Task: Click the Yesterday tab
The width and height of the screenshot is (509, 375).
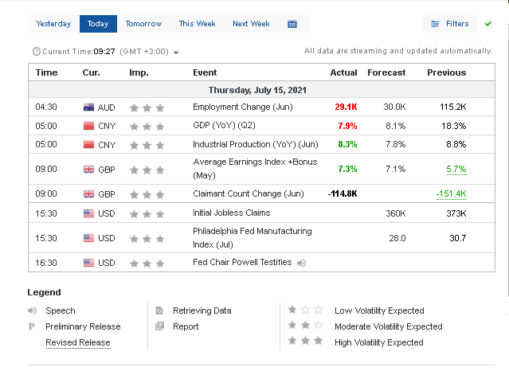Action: [53, 24]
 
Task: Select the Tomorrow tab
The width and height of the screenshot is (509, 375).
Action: [143, 24]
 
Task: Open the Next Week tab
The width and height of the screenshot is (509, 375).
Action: [251, 24]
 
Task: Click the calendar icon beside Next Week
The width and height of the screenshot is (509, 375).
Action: [292, 24]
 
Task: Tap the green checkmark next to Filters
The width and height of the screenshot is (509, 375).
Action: [488, 24]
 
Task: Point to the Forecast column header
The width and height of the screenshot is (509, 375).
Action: [386, 72]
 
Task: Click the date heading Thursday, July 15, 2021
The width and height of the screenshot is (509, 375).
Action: [257, 90]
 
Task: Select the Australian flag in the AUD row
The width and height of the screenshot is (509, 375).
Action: [88, 107]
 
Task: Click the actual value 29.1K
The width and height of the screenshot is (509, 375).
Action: [346, 107]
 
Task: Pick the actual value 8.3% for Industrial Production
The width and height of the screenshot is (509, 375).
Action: [347, 145]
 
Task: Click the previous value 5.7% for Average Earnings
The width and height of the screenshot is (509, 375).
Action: [456, 170]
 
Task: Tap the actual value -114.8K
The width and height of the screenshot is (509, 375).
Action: [343, 194]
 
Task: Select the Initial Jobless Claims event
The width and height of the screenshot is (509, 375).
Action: [231, 213]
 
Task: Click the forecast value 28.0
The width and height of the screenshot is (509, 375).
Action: [397, 238]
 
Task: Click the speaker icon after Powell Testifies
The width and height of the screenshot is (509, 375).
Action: [302, 263]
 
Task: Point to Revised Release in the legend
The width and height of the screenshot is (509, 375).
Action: [77, 342]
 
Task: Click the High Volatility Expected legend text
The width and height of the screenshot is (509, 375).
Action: [378, 342]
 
